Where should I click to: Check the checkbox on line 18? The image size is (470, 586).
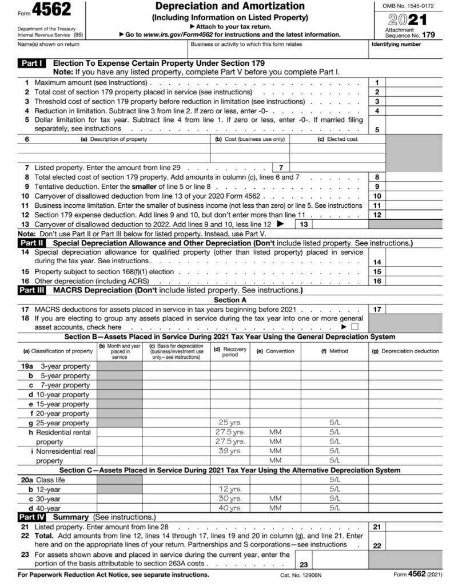tap(355, 327)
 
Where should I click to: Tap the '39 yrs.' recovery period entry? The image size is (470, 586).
tap(230, 451)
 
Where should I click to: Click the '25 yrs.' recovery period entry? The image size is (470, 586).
tap(230, 423)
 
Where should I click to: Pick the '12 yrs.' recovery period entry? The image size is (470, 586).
tap(230, 489)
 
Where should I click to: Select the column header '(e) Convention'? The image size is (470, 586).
tap(275, 351)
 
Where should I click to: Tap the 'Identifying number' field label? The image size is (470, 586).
tap(396, 44)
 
